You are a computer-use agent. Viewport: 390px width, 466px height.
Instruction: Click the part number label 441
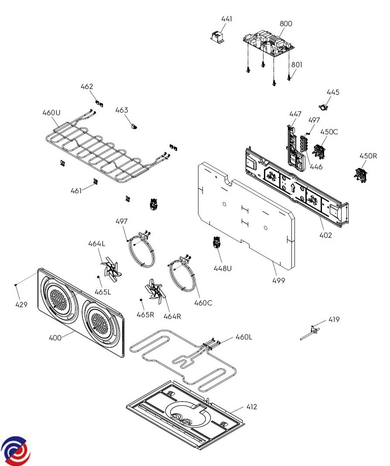227,19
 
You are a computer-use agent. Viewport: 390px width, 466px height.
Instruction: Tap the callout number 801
297,65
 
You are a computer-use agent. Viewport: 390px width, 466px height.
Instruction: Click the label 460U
51,113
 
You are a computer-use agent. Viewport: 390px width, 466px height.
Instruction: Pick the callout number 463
122,110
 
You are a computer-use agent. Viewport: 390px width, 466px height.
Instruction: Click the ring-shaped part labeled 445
324,106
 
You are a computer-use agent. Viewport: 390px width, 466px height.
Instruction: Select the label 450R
367,156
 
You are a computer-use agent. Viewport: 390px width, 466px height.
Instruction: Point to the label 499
278,281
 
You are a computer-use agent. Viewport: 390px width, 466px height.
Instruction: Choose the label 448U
222,268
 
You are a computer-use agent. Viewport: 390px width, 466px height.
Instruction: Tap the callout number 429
21,305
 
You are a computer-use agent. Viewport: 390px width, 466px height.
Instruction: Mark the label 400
55,338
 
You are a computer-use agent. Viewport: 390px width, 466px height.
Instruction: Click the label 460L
244,337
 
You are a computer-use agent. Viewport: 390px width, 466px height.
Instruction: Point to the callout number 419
334,320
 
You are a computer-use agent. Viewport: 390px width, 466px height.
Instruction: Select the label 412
252,407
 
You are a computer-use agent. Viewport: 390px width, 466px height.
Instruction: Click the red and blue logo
16,450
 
